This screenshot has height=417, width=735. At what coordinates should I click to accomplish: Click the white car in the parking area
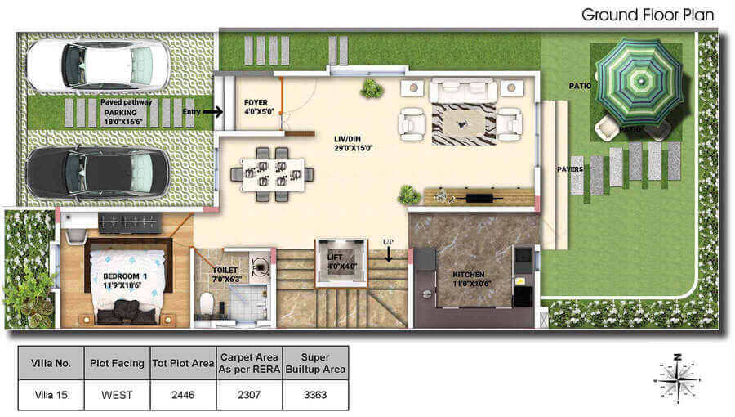(x=97, y=65)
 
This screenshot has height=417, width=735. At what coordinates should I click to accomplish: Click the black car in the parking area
(x=97, y=172)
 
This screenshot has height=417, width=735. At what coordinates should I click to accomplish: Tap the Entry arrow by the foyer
(x=213, y=112)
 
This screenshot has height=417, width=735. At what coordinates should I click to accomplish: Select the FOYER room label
(x=256, y=102)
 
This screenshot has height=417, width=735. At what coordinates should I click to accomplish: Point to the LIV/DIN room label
(x=347, y=139)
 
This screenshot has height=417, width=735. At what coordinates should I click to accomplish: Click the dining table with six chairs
(x=272, y=174)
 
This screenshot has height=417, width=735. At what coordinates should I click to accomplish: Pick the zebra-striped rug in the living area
(x=464, y=123)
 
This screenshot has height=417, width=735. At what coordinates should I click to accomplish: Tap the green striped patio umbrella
(x=639, y=82)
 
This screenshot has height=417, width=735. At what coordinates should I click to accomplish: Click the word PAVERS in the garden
(x=570, y=169)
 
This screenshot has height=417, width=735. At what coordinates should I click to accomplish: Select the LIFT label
(x=335, y=258)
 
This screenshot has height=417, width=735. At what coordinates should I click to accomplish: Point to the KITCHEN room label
(x=468, y=275)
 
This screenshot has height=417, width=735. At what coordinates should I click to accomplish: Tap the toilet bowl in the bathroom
(x=207, y=303)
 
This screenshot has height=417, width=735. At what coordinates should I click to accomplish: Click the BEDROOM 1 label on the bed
(x=125, y=276)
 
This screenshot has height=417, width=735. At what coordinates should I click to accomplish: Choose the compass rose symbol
(x=677, y=379)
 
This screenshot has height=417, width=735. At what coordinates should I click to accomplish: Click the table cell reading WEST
(x=117, y=395)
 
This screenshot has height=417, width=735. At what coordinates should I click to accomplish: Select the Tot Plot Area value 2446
(x=183, y=395)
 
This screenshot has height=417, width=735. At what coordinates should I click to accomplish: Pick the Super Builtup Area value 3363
(x=315, y=395)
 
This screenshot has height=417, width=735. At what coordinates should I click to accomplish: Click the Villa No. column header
(x=51, y=363)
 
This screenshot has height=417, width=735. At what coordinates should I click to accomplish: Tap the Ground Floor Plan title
(x=648, y=15)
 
